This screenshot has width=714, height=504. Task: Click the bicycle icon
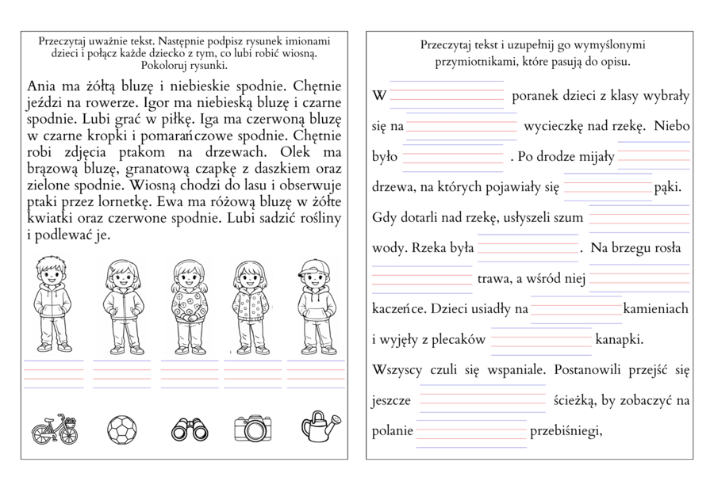click(x=55, y=429)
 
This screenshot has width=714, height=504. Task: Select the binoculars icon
click(x=190, y=429)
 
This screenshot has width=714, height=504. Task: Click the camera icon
click(x=254, y=429)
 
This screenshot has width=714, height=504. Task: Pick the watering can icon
click(x=320, y=426)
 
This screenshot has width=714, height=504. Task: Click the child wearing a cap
click(x=315, y=305)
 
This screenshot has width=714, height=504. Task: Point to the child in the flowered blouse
click(x=189, y=305)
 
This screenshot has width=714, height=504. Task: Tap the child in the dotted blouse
click(x=252, y=305)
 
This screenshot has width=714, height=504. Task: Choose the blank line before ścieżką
click(x=482, y=400)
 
